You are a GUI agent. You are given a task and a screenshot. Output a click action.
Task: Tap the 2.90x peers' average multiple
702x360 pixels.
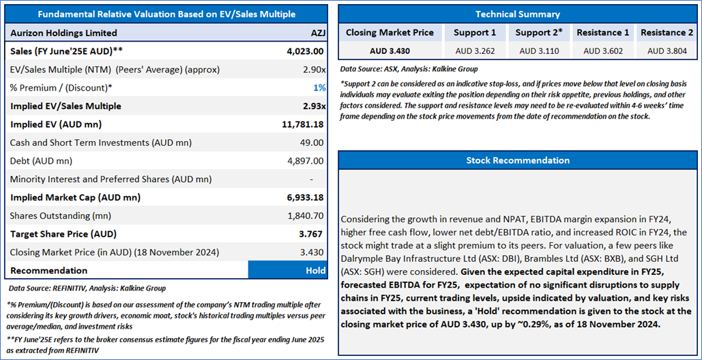pyautogui.click(x=312, y=70)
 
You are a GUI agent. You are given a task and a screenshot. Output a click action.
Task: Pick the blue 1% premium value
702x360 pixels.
pyautogui.click(x=319, y=88)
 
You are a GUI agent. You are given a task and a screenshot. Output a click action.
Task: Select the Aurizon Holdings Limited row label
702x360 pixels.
pyautogui.click(x=63, y=33)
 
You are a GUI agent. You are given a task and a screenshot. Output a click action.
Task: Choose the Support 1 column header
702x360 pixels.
pyautogui.click(x=475, y=32)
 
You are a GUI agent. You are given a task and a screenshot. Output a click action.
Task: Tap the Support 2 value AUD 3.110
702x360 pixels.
pyautogui.click(x=538, y=50)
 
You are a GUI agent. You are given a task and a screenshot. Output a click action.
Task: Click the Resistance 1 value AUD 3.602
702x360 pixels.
pyautogui.click(x=602, y=50)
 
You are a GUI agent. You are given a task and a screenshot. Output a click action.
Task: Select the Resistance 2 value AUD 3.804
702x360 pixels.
pyautogui.click(x=666, y=50)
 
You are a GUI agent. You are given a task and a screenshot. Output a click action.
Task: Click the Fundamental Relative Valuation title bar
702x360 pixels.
pyautogui.click(x=166, y=14)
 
